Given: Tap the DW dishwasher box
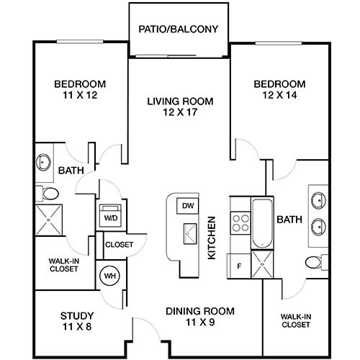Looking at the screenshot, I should [187, 205].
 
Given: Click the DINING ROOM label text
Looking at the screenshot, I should [200, 311].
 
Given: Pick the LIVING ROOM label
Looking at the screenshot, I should [179, 102].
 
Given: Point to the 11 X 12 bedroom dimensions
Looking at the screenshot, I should [80, 94].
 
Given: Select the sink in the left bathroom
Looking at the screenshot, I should [44, 161].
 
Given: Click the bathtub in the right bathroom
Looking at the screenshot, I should [261, 222].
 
